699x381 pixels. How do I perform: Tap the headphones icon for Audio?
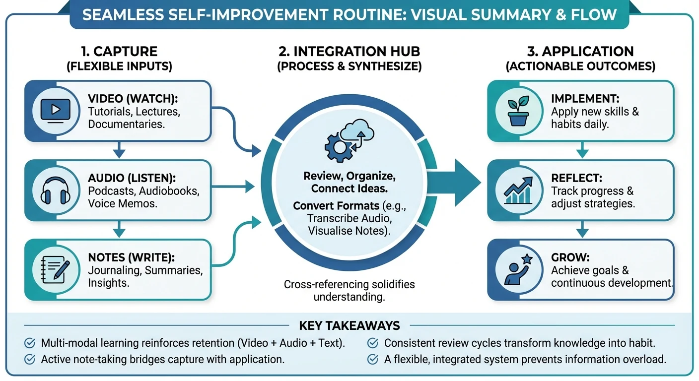click(54, 190)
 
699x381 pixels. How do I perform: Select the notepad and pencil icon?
click(54, 269)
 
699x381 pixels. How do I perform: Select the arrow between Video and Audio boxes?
click(118, 148)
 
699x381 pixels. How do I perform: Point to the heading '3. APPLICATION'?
click(580, 51)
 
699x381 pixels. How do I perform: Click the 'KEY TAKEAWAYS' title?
click(349, 325)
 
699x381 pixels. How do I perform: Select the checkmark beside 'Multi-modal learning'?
click(30, 343)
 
